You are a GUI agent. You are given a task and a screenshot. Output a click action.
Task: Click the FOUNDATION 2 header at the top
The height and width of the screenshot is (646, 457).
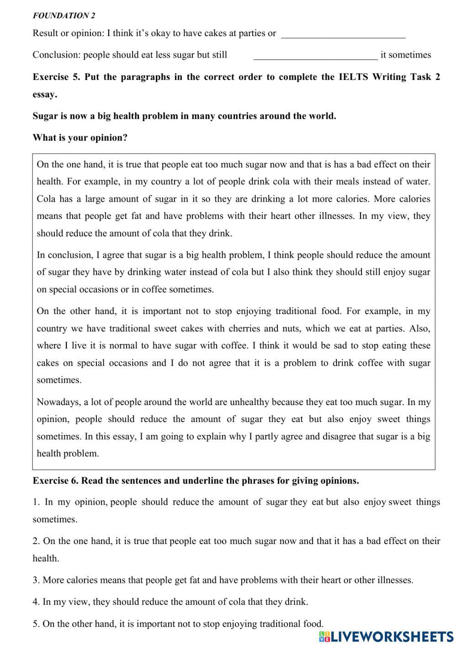tap(64, 16)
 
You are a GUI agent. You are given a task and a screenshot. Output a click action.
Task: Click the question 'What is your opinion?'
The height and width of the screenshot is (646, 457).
tap(80, 138)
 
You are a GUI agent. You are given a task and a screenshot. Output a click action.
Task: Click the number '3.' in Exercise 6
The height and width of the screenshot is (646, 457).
tap(36, 580)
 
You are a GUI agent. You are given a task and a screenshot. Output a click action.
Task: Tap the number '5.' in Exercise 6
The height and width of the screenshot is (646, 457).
tap(36, 624)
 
